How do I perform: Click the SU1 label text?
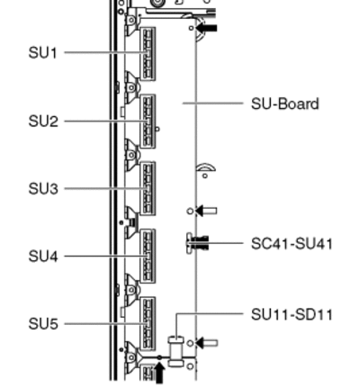pos(42,53)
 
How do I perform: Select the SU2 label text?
pos(43,122)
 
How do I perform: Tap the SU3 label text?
pos(43,189)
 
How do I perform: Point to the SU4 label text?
pos(43,257)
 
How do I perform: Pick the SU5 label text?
pos(43,324)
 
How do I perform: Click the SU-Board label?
pos(284,104)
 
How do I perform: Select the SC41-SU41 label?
pos(292,244)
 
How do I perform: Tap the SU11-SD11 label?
pos(292,315)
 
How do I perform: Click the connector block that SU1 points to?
pos(148,54)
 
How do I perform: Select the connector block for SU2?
pos(148,122)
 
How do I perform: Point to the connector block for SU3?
pos(148,189)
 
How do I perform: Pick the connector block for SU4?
pos(148,257)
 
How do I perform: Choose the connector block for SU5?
pos(148,324)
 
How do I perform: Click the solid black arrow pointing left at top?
pos(206,28)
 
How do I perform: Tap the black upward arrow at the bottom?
pos(159,373)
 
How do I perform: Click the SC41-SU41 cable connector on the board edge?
pos(197,243)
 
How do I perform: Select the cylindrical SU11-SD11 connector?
pos(176,351)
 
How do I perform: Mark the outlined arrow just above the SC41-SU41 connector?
pos(206,211)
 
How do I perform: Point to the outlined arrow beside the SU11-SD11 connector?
pos(207,343)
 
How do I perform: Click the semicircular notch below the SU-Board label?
pos(206,166)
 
